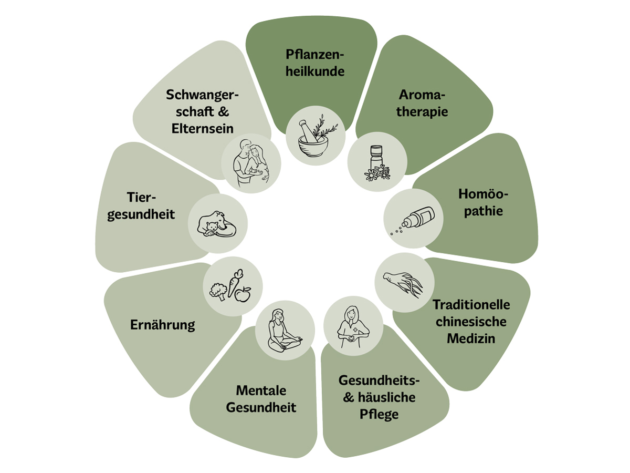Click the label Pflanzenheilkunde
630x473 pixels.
coord(315,63)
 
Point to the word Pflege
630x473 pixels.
coord(379,414)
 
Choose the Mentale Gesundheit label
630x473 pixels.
coord(261,399)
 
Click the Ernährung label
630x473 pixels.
coord(162,325)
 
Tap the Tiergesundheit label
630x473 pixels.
coord(141,207)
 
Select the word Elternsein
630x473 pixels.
coord(202,128)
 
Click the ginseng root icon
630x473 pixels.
coord(403,283)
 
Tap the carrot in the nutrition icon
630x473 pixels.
coord(234,282)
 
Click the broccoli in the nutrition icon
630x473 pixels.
coord(217,291)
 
